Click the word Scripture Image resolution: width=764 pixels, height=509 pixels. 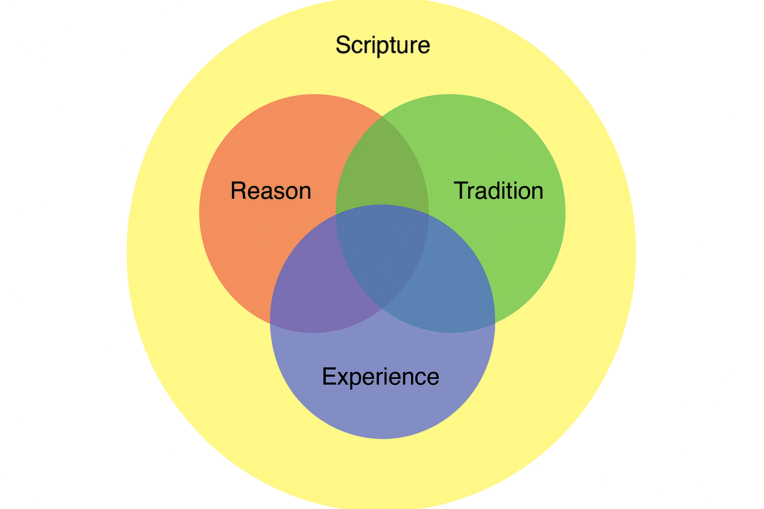click(x=382, y=45)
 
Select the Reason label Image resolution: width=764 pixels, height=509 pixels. click(x=271, y=191)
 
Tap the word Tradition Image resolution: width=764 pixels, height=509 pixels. click(x=498, y=191)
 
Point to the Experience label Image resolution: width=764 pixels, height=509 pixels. click(x=381, y=376)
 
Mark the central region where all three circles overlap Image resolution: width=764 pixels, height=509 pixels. click(x=382, y=249)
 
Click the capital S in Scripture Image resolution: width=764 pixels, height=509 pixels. click(x=343, y=45)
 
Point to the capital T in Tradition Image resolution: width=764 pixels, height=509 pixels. click(x=461, y=191)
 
